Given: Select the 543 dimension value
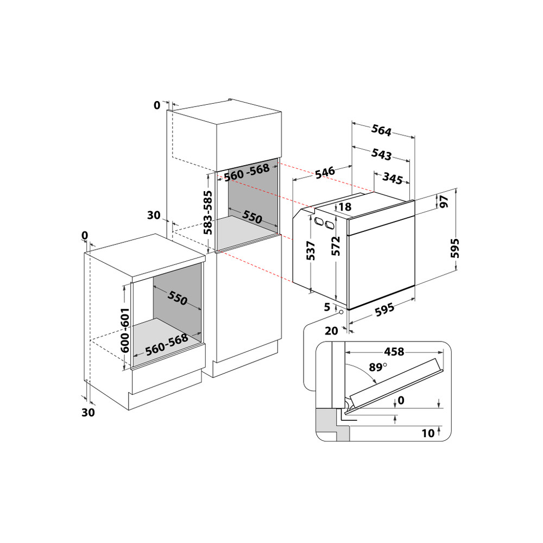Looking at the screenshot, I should (381, 154).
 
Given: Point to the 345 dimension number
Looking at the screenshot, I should (392, 178).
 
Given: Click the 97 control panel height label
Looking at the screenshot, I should (444, 201).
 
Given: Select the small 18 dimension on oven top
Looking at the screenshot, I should (344, 207).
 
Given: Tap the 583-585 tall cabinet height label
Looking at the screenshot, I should (208, 212).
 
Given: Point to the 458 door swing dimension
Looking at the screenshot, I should (394, 352).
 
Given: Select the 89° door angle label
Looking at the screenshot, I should (377, 367).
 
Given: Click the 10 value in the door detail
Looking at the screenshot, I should (428, 433).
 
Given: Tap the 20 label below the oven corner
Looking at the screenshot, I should (332, 330).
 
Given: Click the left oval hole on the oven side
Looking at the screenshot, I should (318, 220).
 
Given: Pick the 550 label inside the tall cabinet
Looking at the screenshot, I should (252, 217).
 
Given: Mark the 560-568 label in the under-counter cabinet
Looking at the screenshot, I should (167, 343).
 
